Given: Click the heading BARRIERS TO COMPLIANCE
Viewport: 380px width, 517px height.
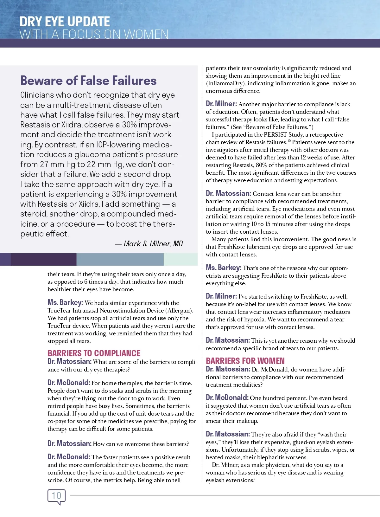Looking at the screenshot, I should [94, 353].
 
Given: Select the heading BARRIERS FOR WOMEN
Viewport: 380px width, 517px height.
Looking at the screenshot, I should [245, 361].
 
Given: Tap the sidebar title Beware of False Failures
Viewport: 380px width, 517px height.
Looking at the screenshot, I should [88, 81].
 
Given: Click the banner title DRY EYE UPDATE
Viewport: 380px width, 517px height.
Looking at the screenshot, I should [65, 22].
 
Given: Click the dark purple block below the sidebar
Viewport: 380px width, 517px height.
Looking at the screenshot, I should [44, 259].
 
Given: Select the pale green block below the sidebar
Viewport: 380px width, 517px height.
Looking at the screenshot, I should [180, 259].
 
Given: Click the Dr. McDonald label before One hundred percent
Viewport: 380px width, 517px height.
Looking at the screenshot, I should [227, 397].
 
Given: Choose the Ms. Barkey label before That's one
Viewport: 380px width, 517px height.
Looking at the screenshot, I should [223, 268].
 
